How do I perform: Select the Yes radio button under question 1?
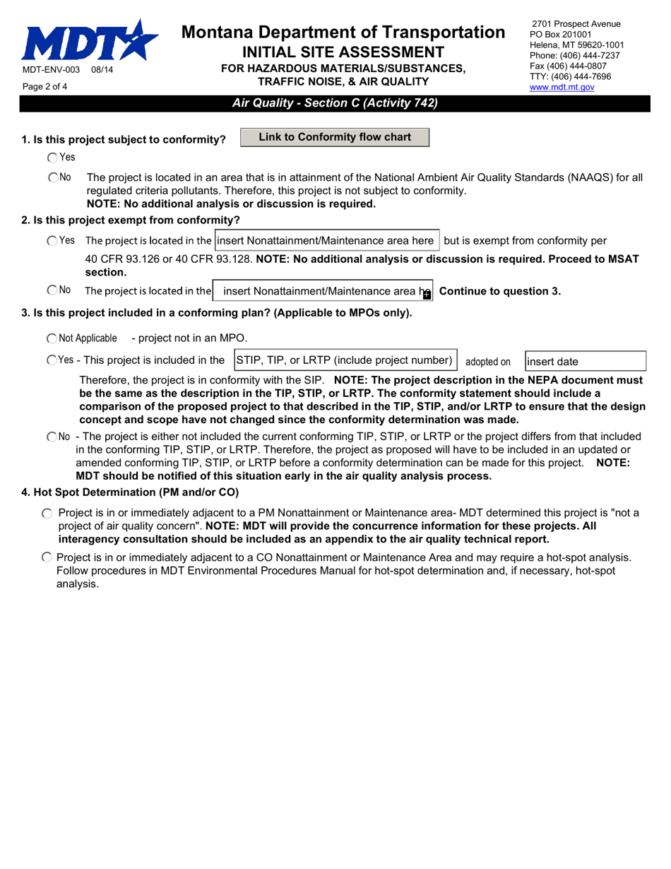pos(53,158)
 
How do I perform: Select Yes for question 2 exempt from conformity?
pos(52,241)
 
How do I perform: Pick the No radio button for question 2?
pos(52,290)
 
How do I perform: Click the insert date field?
pos(585,361)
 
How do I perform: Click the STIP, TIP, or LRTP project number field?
pos(345,360)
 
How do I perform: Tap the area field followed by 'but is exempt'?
pos(327,240)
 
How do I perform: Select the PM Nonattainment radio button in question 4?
pos(47,512)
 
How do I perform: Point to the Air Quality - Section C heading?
pos(335,103)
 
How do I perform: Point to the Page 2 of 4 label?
pos(45,87)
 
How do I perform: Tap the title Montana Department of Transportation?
pos(343,32)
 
